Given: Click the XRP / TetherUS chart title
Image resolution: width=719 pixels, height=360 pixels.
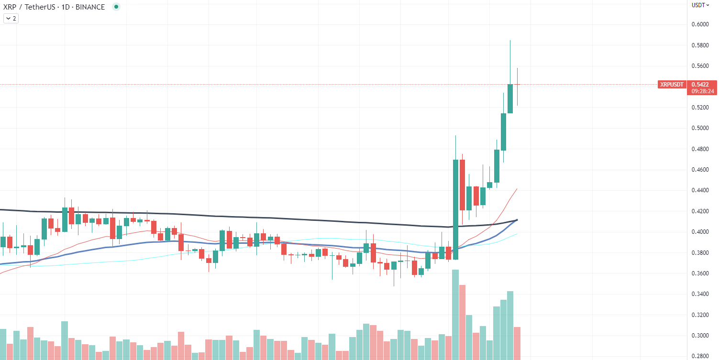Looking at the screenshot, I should tap(54, 7).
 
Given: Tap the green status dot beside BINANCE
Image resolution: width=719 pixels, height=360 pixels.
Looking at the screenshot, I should tap(116, 7).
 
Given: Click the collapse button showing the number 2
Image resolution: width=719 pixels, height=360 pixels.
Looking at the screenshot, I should tap(11, 19).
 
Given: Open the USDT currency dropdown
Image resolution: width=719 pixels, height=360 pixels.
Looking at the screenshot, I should tap(700, 5).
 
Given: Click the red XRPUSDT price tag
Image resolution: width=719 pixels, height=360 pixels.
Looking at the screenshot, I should tap(672, 85).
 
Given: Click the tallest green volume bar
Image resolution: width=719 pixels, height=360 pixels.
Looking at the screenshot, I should tap(455, 314).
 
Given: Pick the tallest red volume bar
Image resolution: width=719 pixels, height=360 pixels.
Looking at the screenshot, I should tap(462, 322).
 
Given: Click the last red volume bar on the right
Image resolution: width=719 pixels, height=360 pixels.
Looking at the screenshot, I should tap(517, 343).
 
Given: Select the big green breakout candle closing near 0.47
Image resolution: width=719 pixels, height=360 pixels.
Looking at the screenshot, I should tap(455, 209).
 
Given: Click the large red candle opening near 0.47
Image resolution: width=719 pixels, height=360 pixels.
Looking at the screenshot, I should tap(462, 185).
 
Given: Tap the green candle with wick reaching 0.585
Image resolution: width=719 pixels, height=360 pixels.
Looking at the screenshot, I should tap(510, 98).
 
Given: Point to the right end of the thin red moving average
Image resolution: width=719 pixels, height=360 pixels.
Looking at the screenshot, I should tap(517, 189).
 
